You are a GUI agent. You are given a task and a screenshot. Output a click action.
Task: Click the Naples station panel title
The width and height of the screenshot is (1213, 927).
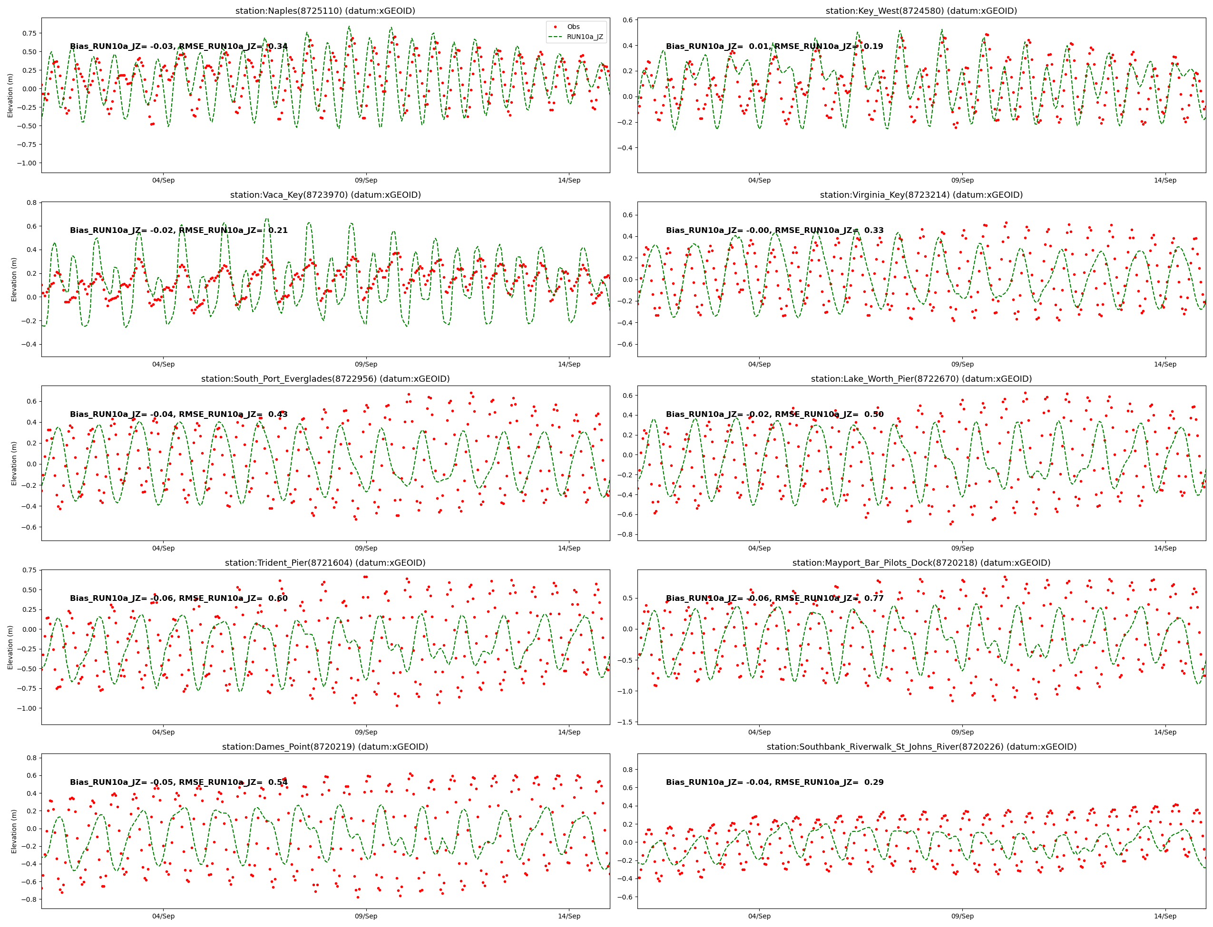point(325,11)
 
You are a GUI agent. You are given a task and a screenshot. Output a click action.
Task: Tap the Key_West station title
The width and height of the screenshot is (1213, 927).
point(921,11)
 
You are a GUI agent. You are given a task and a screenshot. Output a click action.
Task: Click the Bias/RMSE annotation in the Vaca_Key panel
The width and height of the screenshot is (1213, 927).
point(178,231)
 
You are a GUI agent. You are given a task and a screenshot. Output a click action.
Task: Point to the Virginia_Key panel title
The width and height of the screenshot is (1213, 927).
point(921,195)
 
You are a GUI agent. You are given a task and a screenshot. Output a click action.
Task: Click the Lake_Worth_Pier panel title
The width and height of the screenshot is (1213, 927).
point(921,379)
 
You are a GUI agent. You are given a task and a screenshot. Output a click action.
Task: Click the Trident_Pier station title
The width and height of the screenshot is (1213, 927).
point(325,563)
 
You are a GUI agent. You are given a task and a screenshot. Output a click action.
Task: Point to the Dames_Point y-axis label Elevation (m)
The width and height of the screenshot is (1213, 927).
point(14,831)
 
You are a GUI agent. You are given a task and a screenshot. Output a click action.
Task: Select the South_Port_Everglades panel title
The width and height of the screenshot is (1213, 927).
point(325,379)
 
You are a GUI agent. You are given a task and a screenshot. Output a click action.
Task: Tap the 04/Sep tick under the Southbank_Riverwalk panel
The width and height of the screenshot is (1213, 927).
point(759,917)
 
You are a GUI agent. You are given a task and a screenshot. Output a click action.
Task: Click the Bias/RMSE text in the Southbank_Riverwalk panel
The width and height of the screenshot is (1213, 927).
point(774,782)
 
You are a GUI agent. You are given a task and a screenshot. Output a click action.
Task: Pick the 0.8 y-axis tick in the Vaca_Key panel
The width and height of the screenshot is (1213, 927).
point(31,203)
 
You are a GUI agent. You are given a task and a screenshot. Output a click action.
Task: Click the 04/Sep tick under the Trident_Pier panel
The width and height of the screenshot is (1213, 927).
point(164,732)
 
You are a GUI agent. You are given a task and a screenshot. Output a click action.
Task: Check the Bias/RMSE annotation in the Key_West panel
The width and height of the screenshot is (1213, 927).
point(774,47)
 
